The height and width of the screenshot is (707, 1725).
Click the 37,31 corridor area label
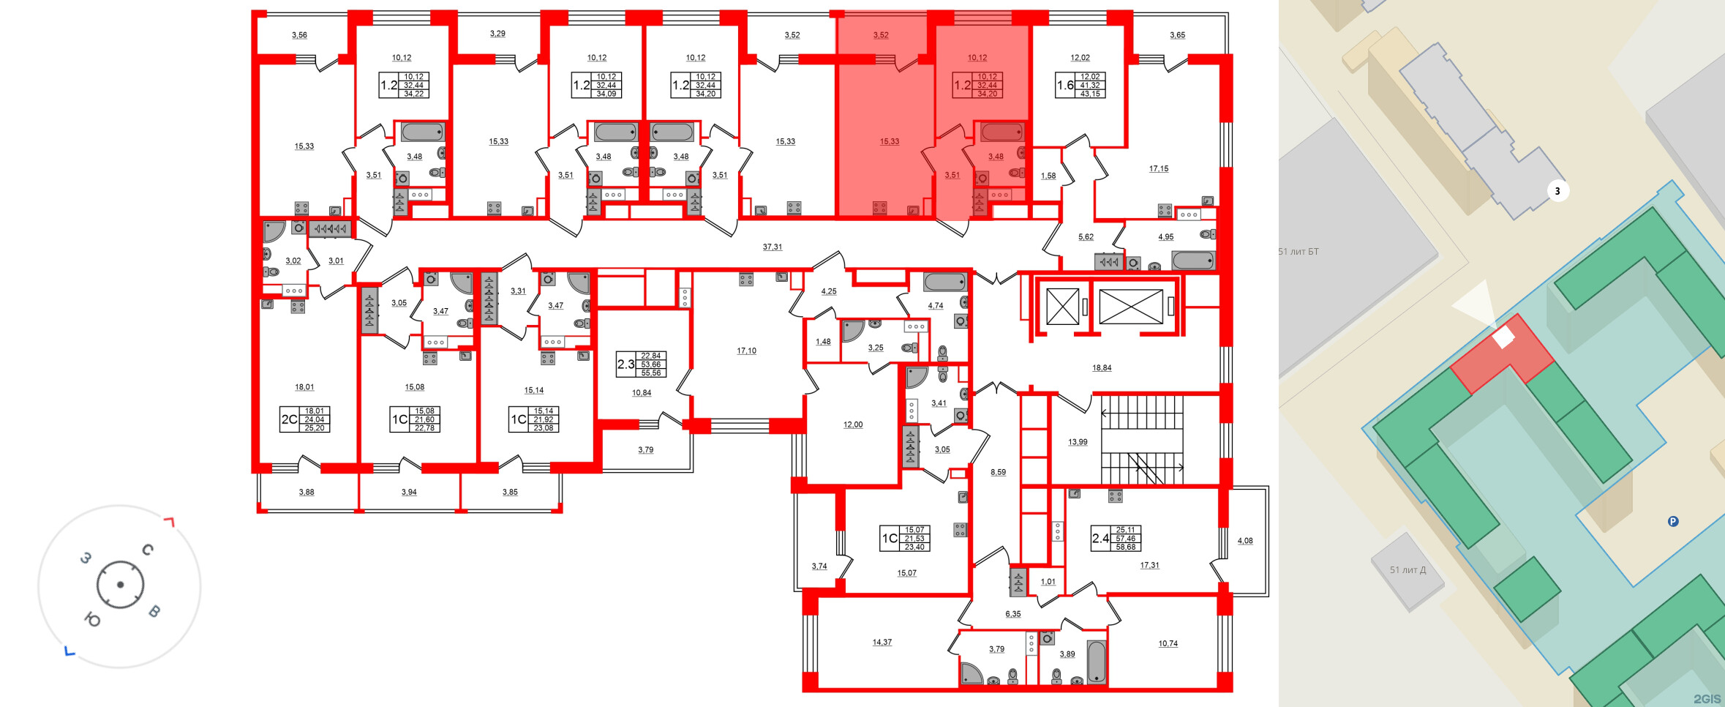pyautogui.click(x=773, y=247)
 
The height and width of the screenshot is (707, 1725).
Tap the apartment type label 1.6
pyautogui.click(x=1065, y=86)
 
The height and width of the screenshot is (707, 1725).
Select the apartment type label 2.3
pyautogui.click(x=625, y=364)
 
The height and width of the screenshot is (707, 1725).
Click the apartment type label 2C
pyautogui.click(x=290, y=420)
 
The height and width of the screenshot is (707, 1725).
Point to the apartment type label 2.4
pyautogui.click(x=1100, y=539)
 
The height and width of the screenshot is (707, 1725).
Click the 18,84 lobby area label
pyautogui.click(x=1102, y=368)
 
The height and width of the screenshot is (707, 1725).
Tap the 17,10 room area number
pyautogui.click(x=746, y=351)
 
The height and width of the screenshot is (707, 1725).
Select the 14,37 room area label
pyautogui.click(x=882, y=643)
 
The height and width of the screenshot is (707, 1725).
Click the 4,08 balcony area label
pyautogui.click(x=1245, y=542)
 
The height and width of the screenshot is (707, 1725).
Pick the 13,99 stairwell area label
pyautogui.click(x=1078, y=442)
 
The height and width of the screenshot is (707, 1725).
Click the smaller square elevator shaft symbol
pyautogui.click(x=1062, y=307)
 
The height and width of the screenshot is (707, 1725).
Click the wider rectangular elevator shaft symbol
pyautogui.click(x=1130, y=307)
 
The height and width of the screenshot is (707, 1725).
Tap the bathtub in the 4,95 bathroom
pyautogui.click(x=1193, y=260)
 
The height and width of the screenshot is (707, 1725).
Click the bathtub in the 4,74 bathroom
pyautogui.click(x=945, y=283)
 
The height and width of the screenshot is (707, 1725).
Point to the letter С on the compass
pyautogui.click(x=148, y=550)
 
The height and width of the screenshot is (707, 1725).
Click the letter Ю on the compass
pyautogui.click(x=92, y=621)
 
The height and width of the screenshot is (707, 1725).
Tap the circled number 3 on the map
pyautogui.click(x=1557, y=192)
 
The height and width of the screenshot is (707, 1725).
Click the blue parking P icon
pyautogui.click(x=1673, y=522)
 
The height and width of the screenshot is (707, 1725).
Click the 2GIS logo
pyautogui.click(x=1707, y=698)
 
